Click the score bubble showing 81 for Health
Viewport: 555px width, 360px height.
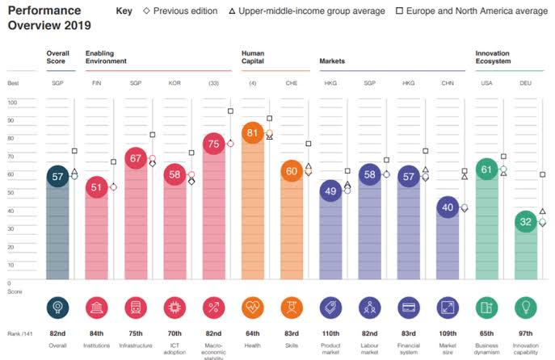pos(253,133)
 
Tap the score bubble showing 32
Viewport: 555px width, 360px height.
pos(525,221)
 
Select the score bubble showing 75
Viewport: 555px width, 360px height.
pos(214,144)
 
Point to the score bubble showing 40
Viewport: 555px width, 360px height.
pos(448,207)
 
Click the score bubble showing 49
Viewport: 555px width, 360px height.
pos(330,191)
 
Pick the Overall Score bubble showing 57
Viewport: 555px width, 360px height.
pos(57,176)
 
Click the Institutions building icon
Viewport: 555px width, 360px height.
pos(97,308)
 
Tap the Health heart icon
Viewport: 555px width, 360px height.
pos(253,308)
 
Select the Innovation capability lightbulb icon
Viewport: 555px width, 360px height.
pos(525,308)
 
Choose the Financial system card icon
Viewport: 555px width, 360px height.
pos(409,308)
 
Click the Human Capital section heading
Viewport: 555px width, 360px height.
pos(253,57)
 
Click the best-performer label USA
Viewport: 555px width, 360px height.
pos(486,83)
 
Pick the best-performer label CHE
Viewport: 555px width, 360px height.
pos(292,83)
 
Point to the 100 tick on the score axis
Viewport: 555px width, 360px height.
pos(12,103)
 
